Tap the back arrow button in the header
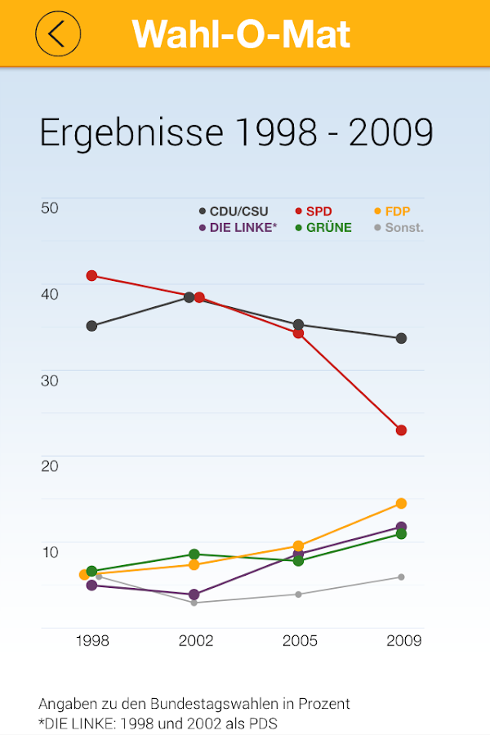(57, 34)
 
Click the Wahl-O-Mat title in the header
(242, 34)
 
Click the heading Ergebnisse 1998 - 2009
(236, 133)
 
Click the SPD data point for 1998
(92, 275)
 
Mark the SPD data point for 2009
(401, 430)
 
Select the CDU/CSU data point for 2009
(401, 338)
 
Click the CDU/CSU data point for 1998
(92, 326)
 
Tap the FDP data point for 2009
(401, 503)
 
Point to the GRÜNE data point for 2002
(194, 555)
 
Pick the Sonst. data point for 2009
(401, 577)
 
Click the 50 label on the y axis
(50, 207)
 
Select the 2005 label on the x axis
(300, 641)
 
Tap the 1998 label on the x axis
(92, 641)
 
